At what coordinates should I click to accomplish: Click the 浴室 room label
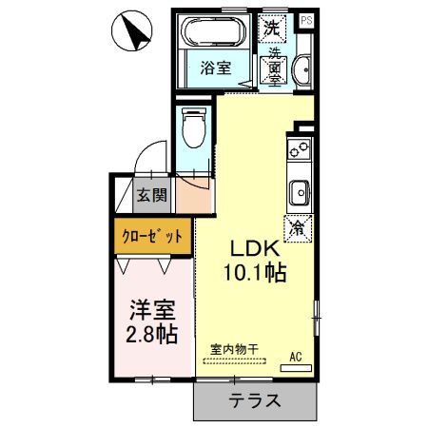tap(215, 68)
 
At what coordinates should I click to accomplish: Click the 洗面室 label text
tap(274, 67)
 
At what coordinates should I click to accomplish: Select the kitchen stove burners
tap(299, 149)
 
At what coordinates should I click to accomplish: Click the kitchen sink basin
tap(299, 190)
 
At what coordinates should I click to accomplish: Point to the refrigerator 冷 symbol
tap(298, 228)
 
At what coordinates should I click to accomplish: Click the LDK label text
tap(251, 248)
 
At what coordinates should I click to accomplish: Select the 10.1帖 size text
tap(252, 273)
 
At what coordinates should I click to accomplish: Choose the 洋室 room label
tap(151, 309)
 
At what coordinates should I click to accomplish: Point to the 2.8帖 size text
tap(151, 335)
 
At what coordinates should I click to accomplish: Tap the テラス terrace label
tap(254, 400)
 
